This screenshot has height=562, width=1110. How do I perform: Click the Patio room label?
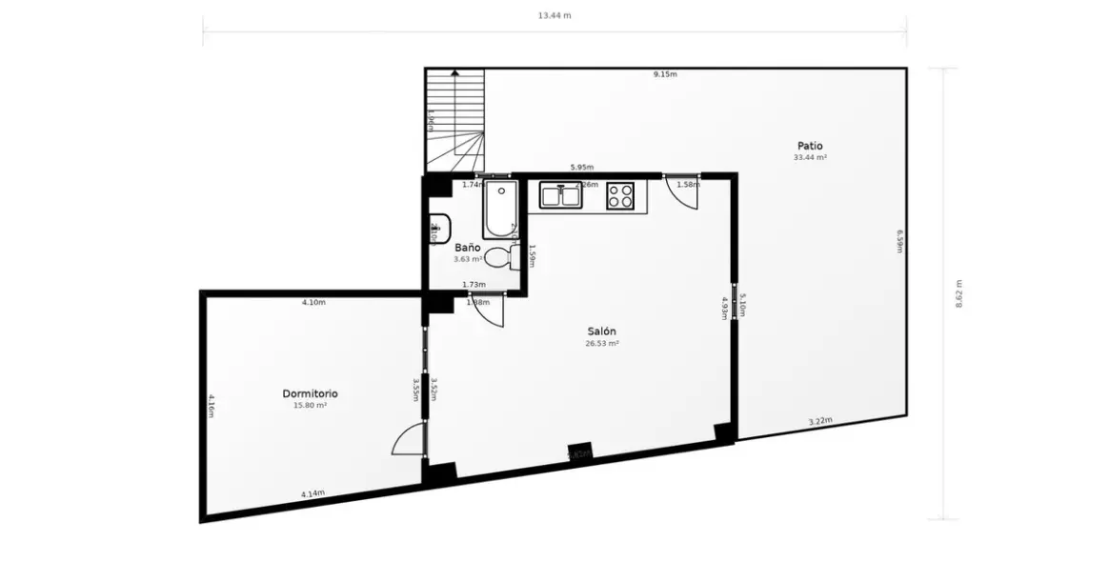pos(810,146)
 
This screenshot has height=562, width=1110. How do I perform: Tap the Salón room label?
pos(602,331)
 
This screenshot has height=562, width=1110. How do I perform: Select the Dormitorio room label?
pos(310,393)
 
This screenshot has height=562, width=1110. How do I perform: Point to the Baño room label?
pos(466,248)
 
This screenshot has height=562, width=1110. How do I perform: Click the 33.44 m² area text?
pos(810,158)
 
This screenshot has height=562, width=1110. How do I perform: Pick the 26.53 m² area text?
pos(602,344)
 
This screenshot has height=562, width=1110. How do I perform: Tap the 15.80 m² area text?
pos(310,406)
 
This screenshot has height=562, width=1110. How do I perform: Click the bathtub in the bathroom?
pos(500,209)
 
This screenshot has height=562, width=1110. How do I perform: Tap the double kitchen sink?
pos(561,195)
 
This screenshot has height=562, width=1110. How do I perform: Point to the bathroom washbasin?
pos(438,229)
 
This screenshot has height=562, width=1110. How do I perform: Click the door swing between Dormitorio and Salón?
pos(408,441)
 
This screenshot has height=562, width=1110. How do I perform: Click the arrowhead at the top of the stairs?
pos(454,71)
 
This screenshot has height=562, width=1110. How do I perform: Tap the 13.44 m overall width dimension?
pos(555,15)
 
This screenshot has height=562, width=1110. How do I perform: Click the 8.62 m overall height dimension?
pos(959,294)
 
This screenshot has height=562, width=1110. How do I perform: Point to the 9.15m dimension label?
pos(665,74)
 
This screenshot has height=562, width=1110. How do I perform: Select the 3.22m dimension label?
pos(820,421)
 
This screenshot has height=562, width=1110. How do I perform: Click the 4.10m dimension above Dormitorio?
pos(313,303)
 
